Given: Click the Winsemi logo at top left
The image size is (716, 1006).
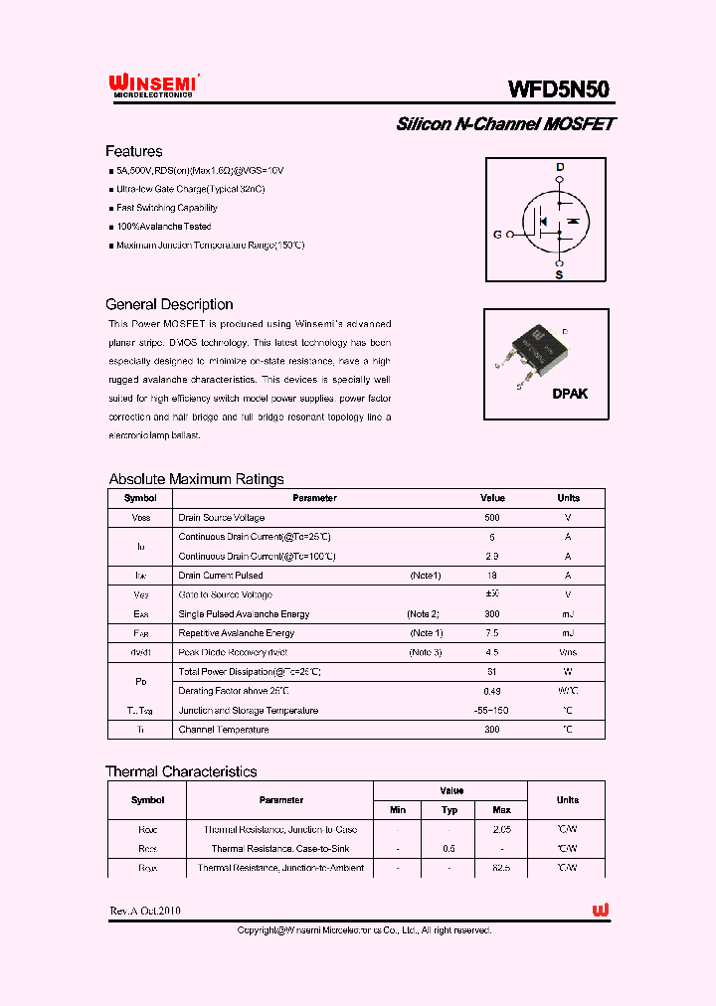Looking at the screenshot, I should [153, 86].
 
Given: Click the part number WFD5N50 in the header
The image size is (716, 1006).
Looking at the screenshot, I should [559, 88].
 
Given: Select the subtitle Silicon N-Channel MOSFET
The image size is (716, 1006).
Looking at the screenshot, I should [505, 124].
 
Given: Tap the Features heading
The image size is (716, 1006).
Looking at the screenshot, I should [133, 151].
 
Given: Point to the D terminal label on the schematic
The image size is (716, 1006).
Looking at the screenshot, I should [559, 166].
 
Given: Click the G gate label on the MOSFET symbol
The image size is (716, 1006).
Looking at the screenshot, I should [497, 235].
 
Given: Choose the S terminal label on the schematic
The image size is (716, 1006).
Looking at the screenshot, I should [559, 275].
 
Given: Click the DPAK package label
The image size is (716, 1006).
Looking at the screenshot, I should [570, 394].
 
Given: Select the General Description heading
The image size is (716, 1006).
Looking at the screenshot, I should [169, 304].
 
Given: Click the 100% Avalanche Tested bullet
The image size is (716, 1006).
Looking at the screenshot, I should [163, 227].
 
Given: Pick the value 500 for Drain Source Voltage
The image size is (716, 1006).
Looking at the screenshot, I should [492, 518].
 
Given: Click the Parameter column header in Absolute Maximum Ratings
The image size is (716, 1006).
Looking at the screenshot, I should [314, 498].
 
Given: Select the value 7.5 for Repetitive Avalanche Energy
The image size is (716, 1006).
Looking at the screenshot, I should [492, 633].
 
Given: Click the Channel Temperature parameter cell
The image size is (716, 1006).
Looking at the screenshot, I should [224, 730].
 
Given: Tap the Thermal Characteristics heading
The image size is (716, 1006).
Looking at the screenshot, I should [181, 771].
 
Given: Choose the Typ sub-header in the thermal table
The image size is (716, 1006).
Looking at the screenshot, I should [448, 810].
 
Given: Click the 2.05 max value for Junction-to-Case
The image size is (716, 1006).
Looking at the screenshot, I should [501, 829].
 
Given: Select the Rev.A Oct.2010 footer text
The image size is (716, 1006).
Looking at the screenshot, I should [145, 911].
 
